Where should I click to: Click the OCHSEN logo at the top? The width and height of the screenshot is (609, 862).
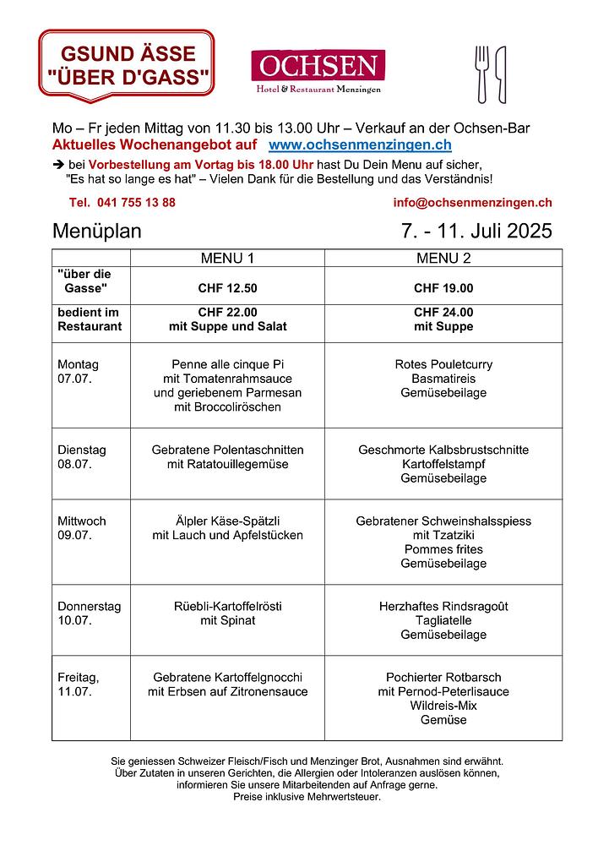[x=318, y=71]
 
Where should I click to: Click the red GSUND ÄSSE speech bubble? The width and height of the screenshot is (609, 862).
[x=127, y=66]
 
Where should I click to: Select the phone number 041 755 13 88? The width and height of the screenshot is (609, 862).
[x=122, y=203]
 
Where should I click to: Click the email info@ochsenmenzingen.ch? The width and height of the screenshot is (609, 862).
[x=472, y=203]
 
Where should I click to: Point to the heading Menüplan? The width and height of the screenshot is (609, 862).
[x=97, y=232]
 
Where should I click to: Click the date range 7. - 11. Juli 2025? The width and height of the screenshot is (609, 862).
[x=476, y=232]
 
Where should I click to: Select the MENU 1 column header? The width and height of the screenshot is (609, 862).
[x=226, y=258]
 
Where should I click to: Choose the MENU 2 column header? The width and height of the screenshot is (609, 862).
[x=443, y=258]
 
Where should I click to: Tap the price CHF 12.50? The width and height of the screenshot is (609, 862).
[x=227, y=288]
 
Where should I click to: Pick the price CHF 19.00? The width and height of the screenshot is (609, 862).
[x=443, y=288]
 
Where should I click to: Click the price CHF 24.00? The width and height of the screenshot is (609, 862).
[x=443, y=313]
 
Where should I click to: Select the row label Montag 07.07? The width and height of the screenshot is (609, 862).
[x=79, y=372]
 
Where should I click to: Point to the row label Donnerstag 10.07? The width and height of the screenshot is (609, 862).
[x=89, y=614]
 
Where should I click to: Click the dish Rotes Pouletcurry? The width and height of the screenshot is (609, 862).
[x=443, y=364]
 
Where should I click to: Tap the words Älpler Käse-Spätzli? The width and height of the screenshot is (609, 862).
[x=227, y=521]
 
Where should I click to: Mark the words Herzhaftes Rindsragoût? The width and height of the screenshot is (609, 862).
[x=443, y=607]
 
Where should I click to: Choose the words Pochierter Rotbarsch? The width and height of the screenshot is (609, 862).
[x=443, y=678]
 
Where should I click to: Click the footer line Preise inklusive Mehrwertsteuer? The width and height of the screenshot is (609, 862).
[x=307, y=797]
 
